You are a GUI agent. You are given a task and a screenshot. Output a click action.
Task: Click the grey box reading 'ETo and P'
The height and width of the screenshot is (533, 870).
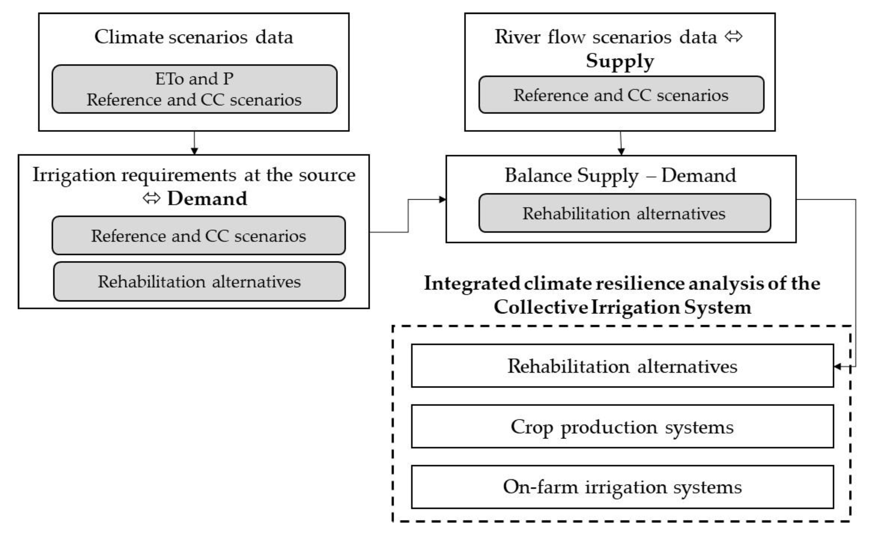coord(194,89)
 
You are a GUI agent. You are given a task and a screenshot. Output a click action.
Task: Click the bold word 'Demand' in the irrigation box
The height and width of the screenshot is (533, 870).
coord(207,198)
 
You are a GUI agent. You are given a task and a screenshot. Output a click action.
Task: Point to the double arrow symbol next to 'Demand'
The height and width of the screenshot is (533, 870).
coord(152,198)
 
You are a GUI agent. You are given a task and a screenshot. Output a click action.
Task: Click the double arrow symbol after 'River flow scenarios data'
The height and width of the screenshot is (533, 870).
coord(733,37)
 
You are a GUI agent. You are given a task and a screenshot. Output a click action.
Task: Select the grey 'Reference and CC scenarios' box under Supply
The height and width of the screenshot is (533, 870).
coord(621,95)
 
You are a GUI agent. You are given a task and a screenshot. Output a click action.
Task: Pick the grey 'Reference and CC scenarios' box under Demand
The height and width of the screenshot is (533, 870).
coord(198,235)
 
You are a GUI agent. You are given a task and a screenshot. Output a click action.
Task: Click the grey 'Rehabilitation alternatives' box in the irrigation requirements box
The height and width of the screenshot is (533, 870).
coord(199,281)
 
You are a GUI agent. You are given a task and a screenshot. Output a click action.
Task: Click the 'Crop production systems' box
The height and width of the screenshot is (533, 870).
coord(622,427)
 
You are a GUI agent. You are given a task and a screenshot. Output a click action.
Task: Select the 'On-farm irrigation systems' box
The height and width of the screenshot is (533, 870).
coord(622,487)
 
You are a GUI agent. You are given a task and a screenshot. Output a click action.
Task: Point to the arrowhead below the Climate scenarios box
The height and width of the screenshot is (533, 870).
coord(194,151)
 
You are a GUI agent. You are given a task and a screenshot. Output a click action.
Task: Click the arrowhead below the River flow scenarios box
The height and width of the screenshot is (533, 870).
coord(621,152)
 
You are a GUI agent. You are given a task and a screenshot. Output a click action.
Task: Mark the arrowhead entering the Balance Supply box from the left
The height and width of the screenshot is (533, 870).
coord(442,199)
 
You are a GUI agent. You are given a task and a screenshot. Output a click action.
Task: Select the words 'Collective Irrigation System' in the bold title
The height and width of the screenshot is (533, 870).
coord(622,307)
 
